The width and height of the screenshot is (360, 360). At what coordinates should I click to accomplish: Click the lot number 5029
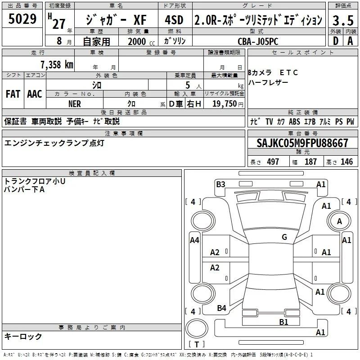(x=22, y=19)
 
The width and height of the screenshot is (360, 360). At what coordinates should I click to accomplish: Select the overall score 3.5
(x=343, y=20)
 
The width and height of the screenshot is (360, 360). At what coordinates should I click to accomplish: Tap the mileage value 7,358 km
(x=57, y=64)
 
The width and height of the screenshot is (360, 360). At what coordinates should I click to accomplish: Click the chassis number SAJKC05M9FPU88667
(x=302, y=143)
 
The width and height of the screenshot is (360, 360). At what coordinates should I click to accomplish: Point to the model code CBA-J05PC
(x=258, y=41)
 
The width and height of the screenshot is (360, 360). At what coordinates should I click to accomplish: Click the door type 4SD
(x=174, y=20)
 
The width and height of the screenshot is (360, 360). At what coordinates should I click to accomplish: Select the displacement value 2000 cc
(x=141, y=41)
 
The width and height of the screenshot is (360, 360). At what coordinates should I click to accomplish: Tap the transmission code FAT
(x=13, y=94)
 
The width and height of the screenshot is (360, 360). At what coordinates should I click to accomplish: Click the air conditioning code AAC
(x=35, y=94)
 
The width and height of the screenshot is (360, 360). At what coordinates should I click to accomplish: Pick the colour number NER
(x=75, y=104)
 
